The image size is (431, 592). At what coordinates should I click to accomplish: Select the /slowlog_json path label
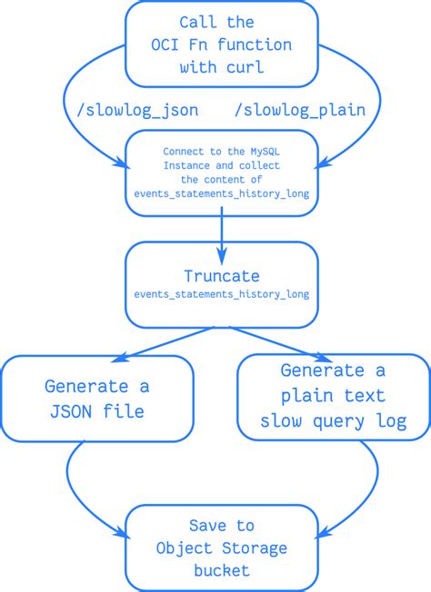(x=136, y=110)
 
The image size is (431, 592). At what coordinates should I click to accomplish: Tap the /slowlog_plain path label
(x=300, y=110)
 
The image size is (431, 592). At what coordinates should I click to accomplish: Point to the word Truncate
(x=221, y=276)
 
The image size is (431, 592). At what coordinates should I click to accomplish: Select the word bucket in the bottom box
(x=221, y=569)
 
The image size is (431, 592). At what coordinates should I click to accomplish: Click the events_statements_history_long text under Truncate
(x=221, y=294)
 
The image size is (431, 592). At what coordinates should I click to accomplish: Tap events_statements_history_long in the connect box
(x=221, y=193)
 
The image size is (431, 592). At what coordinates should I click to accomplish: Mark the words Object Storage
(x=221, y=548)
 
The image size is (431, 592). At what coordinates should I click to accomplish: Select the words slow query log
(x=333, y=421)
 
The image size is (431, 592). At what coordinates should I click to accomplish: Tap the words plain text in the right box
(x=333, y=396)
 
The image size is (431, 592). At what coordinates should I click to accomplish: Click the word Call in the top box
(x=198, y=22)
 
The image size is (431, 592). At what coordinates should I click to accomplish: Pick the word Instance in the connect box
(x=185, y=165)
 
